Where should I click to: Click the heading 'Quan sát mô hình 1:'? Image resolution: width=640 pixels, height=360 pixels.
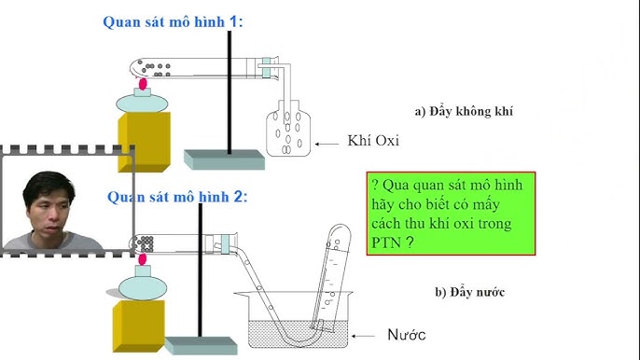point(173,21)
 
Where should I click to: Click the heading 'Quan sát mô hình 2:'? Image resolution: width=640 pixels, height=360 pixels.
point(177,197)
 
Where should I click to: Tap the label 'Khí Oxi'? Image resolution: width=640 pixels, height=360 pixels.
point(372,143)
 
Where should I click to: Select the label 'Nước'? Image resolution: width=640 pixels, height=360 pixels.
point(406,334)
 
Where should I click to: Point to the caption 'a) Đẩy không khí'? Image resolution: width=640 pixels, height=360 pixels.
point(465,112)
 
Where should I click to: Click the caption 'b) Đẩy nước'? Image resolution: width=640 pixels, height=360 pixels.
point(469,292)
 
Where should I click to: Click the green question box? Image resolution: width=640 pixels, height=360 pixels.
point(450,214)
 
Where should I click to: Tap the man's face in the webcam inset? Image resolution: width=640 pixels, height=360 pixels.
point(44,205)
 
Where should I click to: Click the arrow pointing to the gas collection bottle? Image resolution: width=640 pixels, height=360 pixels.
point(327,143)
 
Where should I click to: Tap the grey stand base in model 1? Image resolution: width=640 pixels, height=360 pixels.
point(224,159)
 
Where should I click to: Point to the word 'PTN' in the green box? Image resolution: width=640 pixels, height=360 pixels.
point(386,241)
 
